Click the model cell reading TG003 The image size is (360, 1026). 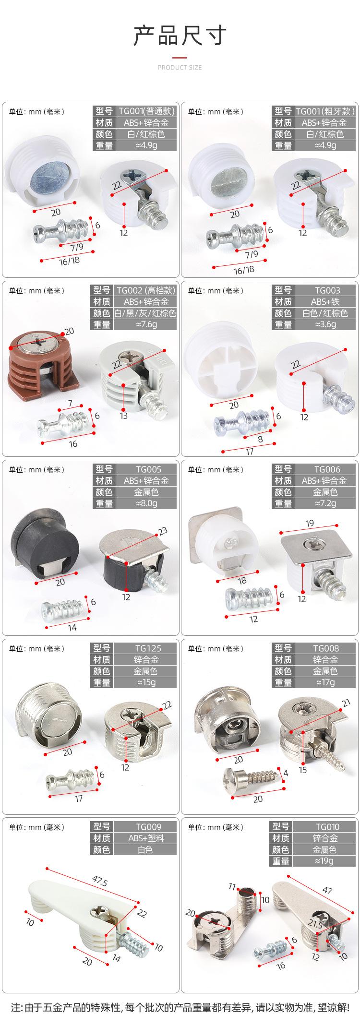[x=327, y=290]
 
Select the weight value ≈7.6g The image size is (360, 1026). [x=146, y=324]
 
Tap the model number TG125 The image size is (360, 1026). [x=147, y=648]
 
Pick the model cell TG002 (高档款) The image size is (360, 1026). [x=146, y=290]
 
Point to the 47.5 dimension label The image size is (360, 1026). [x=99, y=883]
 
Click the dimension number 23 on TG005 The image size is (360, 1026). [x=163, y=531]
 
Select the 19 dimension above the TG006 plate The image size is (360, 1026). [x=309, y=523]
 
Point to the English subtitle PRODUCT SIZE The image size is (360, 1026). [x=180, y=68]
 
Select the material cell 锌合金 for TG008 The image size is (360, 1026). [x=325, y=659]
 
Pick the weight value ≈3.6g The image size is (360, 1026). [x=325, y=324]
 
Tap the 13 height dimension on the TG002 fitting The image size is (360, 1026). [x=124, y=415]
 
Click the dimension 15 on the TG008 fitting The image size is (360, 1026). [x=302, y=770]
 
